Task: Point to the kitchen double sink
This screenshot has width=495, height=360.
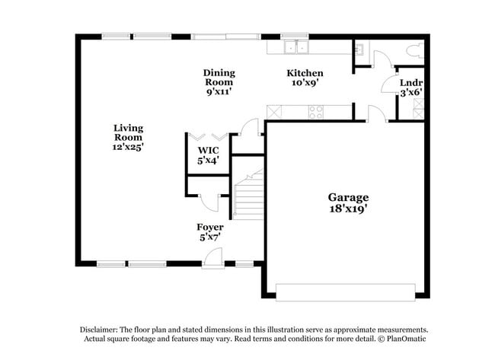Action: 294,47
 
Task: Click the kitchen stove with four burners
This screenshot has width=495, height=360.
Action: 315,112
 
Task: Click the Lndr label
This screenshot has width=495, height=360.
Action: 411,82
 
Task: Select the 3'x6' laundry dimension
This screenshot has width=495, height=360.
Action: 411,92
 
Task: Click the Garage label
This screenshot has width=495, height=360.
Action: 348,196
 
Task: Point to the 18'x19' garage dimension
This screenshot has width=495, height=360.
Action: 348,207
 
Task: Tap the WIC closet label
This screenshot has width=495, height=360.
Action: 208,151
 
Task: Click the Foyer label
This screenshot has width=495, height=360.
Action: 209,227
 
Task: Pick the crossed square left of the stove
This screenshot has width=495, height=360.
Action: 274,112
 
